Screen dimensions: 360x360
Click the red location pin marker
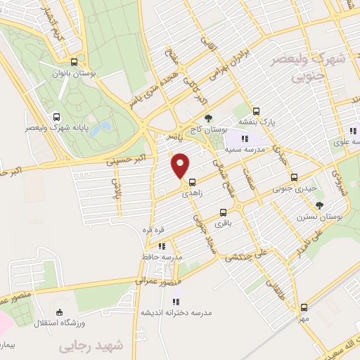[x=181, y=165]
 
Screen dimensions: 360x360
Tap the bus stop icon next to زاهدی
[x=192, y=181]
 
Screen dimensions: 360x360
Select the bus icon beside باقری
[x=224, y=212]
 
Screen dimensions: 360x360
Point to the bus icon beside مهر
[x=304, y=307]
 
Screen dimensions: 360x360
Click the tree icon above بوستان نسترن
[x=320, y=205]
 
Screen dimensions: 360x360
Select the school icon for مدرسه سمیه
[x=245, y=139]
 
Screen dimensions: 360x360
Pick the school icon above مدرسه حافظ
[x=162, y=246]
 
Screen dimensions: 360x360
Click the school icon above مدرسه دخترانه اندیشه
[x=176, y=301]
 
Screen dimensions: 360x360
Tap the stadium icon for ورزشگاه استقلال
[x=59, y=312]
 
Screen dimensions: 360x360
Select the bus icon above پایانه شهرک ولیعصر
[x=56, y=117]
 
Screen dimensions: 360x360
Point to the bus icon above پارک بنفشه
[x=256, y=111]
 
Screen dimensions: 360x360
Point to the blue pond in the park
[x=103, y=128]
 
